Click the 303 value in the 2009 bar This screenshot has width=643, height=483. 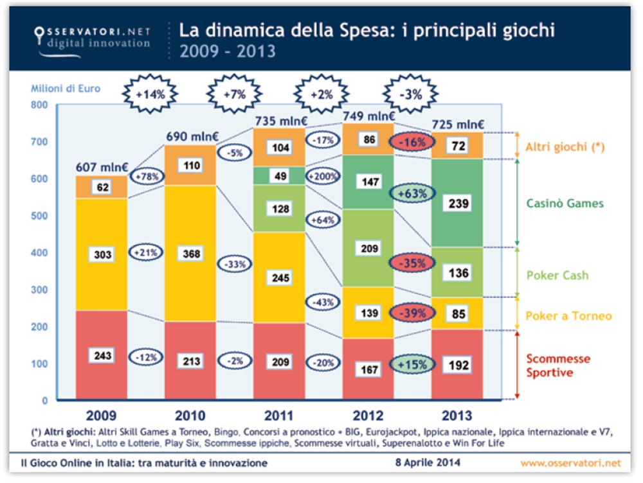[102, 255]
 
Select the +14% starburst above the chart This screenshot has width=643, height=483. [150, 94]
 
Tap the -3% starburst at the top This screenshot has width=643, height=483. [410, 94]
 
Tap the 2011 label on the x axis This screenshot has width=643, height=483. [278, 416]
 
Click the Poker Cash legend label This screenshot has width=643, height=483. [557, 276]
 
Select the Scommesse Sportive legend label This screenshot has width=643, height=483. [557, 365]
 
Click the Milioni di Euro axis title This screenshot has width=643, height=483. [66, 89]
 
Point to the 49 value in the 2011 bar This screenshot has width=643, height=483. [280, 176]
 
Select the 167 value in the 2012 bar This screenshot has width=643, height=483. [368, 370]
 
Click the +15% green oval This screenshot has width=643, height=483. [412, 364]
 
